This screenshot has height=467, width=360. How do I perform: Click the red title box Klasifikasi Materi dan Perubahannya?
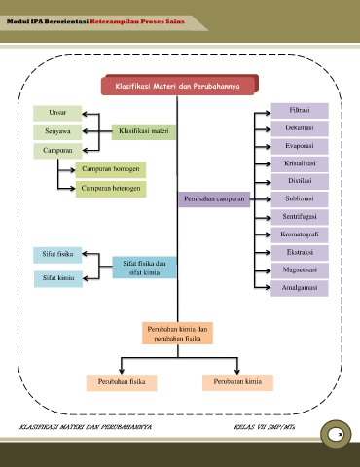179,86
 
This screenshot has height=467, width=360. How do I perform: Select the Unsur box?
57,113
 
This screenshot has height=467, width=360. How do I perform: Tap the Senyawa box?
57,131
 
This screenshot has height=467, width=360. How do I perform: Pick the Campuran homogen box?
111,169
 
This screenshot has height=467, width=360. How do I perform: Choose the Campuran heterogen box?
111,189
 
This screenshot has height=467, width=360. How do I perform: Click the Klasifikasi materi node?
144,131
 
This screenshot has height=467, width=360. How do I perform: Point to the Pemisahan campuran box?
214,199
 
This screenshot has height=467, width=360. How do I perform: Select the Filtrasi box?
300,111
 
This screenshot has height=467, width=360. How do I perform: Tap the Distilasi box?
300,181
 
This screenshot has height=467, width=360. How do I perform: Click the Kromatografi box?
300,234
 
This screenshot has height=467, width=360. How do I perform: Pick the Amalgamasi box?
300,288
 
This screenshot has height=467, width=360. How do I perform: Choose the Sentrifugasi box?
300,217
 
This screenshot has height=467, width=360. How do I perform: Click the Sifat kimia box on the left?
58,278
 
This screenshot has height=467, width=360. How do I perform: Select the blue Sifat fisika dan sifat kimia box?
144,268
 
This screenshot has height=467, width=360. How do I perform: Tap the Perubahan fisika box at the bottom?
122,382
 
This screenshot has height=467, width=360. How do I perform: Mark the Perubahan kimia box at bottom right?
237,382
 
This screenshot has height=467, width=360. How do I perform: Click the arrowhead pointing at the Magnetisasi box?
268,270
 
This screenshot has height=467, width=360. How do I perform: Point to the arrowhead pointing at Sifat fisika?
86,254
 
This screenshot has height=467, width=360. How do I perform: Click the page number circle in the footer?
336,434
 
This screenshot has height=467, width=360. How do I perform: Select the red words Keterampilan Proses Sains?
137,21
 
